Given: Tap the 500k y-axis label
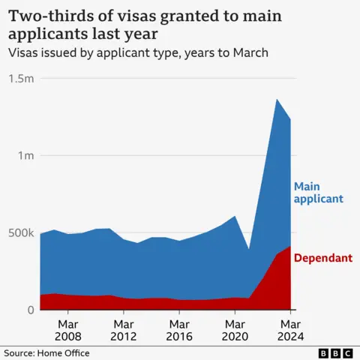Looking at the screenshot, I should coord(20,232).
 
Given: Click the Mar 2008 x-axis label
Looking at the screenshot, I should coord(67,330).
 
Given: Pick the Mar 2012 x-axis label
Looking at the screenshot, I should coord(123,330).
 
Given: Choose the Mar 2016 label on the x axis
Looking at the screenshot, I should coord(178,330).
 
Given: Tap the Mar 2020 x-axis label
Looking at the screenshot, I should coord(235,330).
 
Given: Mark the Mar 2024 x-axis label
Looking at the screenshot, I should coord(290,330).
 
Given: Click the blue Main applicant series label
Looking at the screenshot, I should coord(318,193).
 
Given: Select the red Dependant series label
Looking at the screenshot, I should coord(322,258).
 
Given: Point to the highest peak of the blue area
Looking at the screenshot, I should coord(277,99).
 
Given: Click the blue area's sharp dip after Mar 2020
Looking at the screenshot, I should coord(249,250).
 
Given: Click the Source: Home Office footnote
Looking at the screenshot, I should coord(46,352).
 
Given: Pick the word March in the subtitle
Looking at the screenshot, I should coord(249,52).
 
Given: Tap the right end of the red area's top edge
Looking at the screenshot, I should coord(291,246).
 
